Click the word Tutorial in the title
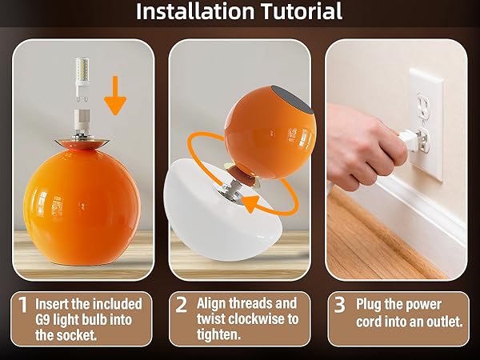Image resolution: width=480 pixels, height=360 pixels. click(302, 11)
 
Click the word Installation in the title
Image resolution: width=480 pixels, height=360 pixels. click(195, 11)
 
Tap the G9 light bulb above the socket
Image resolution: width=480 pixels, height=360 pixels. click(82, 79)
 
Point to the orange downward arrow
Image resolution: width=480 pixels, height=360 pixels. click(115, 95)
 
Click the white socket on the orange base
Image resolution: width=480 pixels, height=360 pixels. click(82, 123)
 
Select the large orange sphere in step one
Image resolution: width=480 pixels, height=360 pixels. click(82, 208)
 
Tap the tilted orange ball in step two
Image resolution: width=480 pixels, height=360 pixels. click(270, 132)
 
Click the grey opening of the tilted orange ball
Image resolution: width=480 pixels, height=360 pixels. click(292, 98)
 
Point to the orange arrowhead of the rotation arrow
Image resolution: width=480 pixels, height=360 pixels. click(252, 203)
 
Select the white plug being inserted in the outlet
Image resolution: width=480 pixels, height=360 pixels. click(410, 139)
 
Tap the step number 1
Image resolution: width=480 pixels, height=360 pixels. click(23, 305)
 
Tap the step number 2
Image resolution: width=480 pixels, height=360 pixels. click(182, 305)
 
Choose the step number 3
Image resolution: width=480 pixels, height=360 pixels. click(339, 305)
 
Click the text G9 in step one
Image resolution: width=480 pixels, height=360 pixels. click(42, 319)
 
